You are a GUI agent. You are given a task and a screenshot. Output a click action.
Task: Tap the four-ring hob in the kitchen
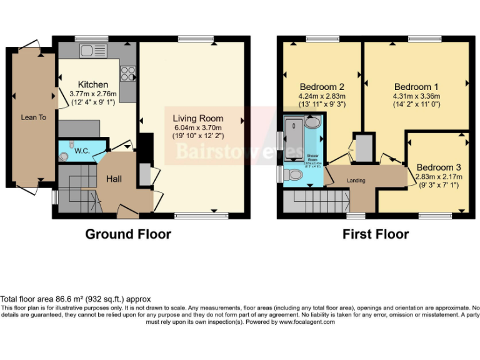[x=128, y=73]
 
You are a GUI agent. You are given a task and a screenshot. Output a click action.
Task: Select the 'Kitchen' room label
[x=92, y=84]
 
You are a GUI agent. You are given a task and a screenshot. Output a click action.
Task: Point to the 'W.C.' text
[x=83, y=151]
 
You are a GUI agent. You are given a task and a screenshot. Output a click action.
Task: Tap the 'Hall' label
[x=114, y=179]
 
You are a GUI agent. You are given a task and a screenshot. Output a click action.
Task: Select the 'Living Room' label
[x=197, y=118]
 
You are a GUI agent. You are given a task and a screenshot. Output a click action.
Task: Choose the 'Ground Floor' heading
[x=128, y=234]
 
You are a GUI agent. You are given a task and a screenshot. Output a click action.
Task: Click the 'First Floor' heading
[x=375, y=234]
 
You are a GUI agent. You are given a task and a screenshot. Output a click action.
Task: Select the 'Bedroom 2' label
[x=322, y=87]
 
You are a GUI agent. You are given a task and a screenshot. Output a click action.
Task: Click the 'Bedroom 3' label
[x=439, y=167]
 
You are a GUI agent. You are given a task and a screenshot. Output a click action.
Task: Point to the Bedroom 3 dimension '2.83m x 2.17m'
[x=439, y=177]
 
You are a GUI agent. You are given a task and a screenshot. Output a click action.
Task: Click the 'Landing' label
[x=356, y=181]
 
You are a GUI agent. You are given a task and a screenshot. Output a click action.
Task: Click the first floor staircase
[x=316, y=201]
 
